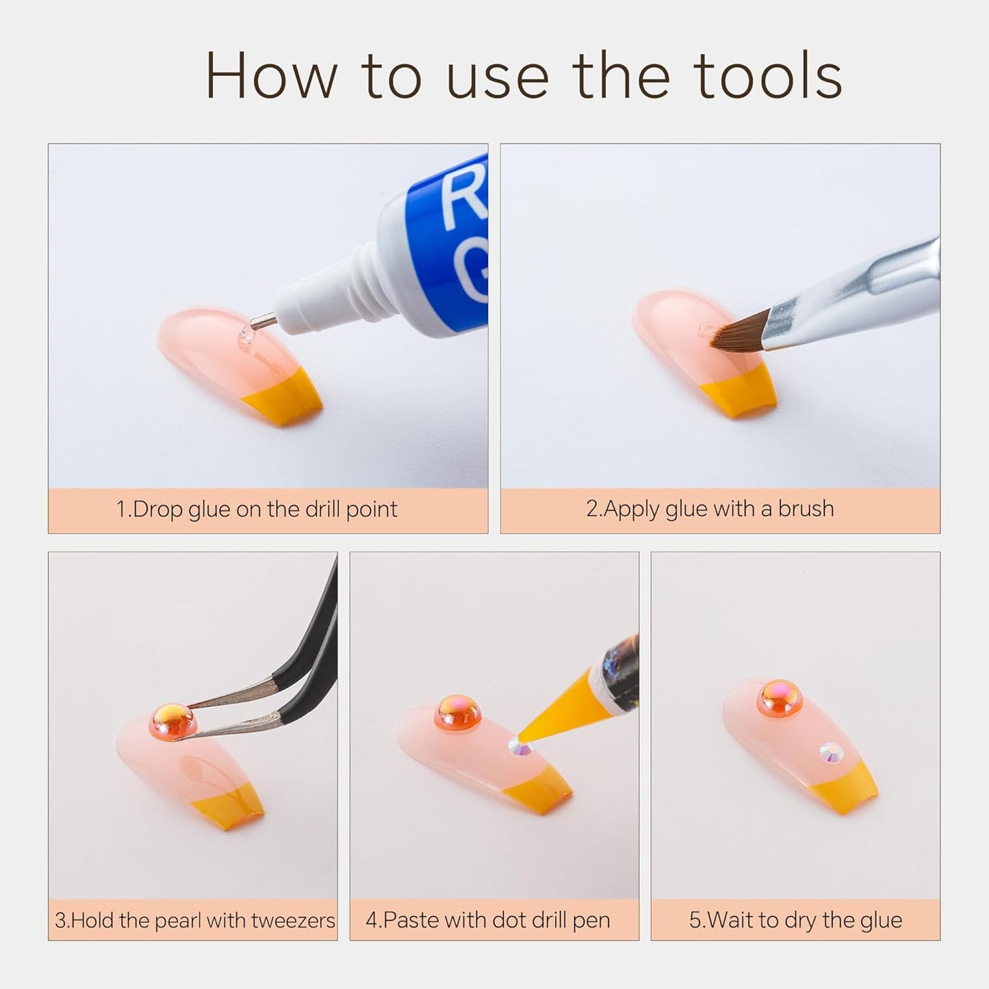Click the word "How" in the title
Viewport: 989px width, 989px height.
[x=272, y=75]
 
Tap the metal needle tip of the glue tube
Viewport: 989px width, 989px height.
[x=263, y=322]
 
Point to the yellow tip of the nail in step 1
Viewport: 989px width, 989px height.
[x=282, y=398]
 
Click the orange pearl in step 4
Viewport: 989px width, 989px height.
[x=458, y=712]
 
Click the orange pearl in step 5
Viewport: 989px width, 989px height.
[x=780, y=698]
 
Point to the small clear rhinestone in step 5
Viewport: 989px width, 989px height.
[x=832, y=754]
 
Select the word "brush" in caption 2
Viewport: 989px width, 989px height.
[x=806, y=509]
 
